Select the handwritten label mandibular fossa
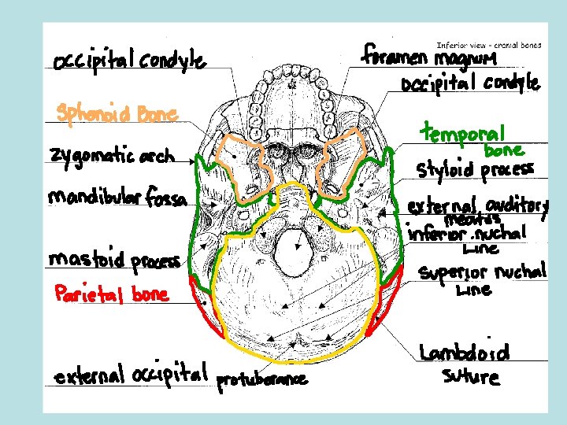click(x=118, y=198)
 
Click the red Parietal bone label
click(x=111, y=294)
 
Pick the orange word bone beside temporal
click(x=503, y=150)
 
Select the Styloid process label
click(x=475, y=170)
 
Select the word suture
click(x=470, y=377)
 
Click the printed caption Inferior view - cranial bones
click(x=488, y=46)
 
